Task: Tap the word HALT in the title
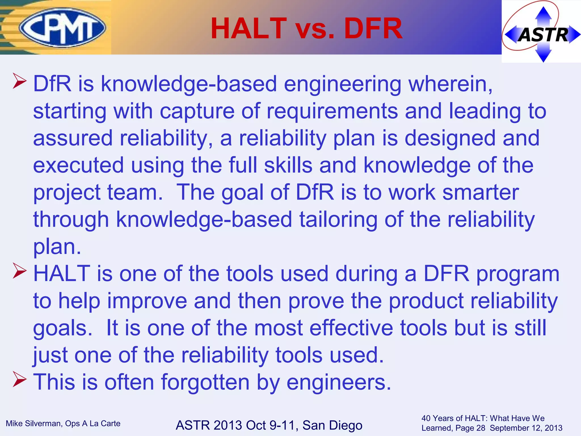point(249,28)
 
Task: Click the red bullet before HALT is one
point(20,271)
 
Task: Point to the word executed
point(79,165)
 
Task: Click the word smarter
point(481,192)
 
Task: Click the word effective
point(351,328)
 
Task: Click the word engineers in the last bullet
point(339,382)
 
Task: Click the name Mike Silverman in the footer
point(33,424)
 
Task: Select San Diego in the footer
point(332,425)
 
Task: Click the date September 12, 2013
point(526,428)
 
